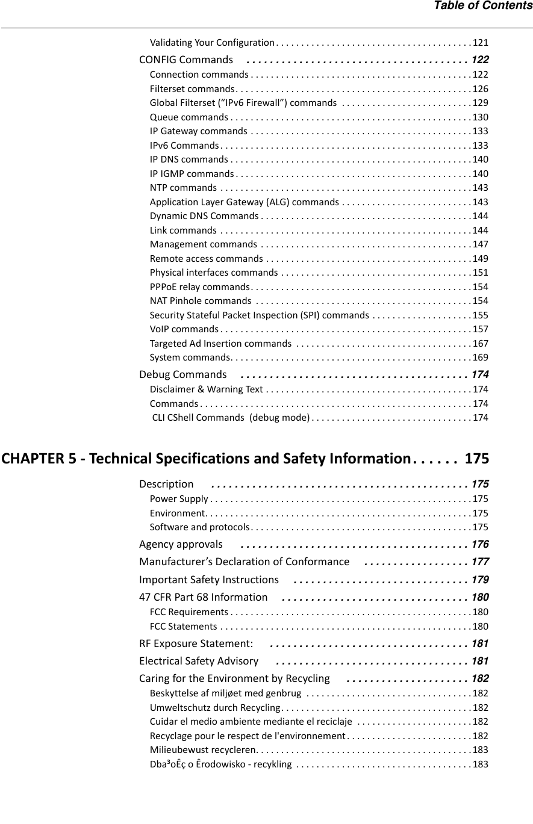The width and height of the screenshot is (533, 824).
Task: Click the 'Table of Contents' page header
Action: click(x=483, y=6)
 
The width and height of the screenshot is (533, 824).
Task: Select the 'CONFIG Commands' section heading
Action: click(x=186, y=60)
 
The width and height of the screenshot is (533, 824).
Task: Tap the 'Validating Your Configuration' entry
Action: click(x=212, y=43)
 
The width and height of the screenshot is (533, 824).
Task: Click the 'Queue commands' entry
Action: click(x=189, y=117)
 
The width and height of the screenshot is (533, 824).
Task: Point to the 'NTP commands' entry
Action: click(x=184, y=188)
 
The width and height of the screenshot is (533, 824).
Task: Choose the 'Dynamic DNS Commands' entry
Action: click(x=204, y=216)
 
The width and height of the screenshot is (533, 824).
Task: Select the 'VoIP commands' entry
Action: click(x=184, y=329)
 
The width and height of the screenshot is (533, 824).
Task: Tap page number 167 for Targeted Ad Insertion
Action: click(x=481, y=344)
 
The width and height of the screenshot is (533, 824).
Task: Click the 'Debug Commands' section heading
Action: click(x=183, y=374)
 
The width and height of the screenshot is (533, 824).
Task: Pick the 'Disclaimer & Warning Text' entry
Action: click(x=207, y=389)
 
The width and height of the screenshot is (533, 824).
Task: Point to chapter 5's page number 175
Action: click(x=477, y=459)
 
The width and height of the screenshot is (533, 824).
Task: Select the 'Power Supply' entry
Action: click(x=179, y=499)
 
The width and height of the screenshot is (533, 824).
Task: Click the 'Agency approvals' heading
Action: click(x=181, y=544)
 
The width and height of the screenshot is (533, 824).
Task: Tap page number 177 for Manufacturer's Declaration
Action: click(x=480, y=562)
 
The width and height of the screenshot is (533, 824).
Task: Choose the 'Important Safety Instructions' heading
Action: click(x=208, y=580)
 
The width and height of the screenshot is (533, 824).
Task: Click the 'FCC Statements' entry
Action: click(x=183, y=627)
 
